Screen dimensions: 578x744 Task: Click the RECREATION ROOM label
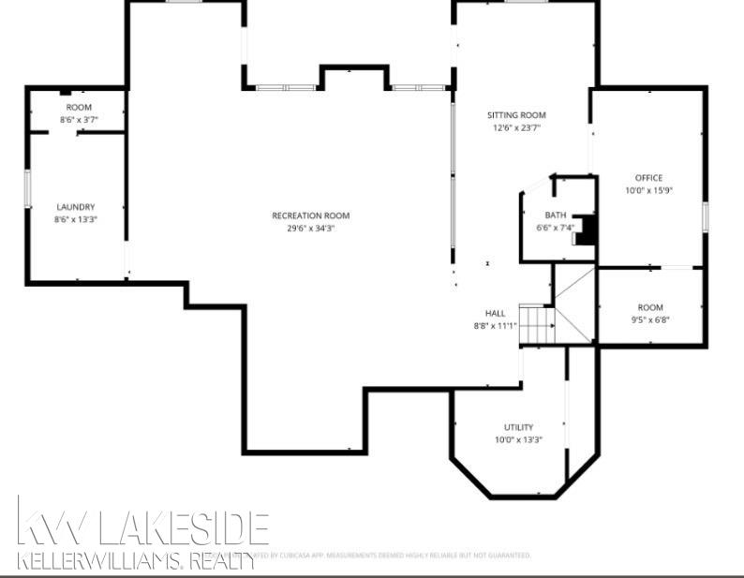pos(310,215)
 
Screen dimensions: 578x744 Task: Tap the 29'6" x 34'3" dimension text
pos(310,228)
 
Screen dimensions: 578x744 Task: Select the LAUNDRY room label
pos(76,207)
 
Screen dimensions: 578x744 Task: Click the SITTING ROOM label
pos(515,115)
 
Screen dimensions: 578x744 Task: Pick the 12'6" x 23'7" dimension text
pos(515,127)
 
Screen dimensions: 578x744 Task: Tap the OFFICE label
pos(648,178)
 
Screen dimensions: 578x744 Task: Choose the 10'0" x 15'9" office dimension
pos(649,190)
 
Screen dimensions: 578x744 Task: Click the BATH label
pos(556,215)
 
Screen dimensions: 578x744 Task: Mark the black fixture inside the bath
pos(587,230)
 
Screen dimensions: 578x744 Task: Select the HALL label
pos(495,313)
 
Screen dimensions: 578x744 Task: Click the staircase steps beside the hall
pos(537,326)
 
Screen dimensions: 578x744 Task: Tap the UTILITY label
pos(518,427)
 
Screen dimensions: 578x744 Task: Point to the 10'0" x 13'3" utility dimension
pos(518,439)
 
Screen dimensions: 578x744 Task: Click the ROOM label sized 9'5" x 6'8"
pos(650,307)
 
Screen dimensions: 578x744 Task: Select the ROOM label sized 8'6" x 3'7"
pos(79,108)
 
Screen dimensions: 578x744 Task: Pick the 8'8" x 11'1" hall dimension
pos(495,325)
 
